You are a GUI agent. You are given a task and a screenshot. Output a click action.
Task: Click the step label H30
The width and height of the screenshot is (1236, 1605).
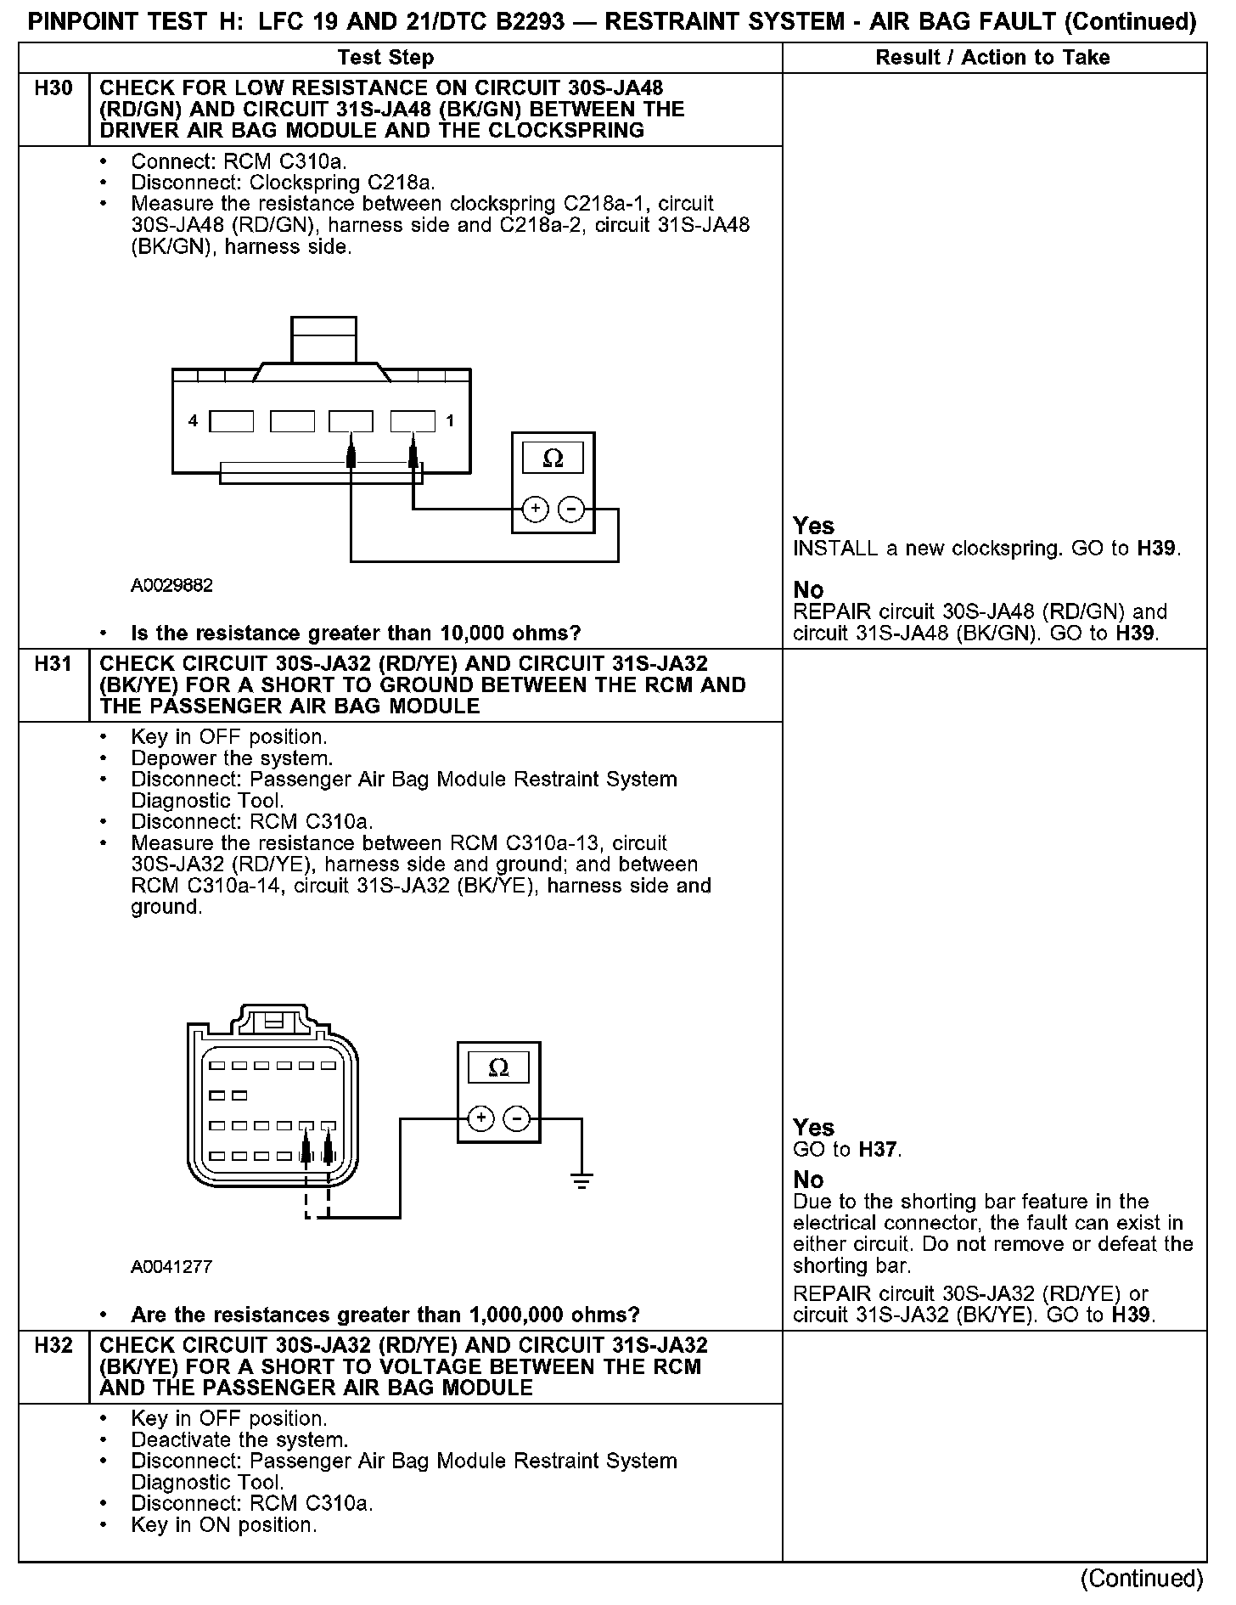coord(53,88)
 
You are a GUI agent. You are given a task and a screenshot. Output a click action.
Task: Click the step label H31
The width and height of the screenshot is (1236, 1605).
coord(53,664)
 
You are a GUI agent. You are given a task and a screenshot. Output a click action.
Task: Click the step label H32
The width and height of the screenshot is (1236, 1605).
coord(53,1346)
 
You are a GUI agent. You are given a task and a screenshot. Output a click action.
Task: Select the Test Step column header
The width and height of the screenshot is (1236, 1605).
coord(385,58)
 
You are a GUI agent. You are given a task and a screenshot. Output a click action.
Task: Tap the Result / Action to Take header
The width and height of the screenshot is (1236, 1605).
coord(992,58)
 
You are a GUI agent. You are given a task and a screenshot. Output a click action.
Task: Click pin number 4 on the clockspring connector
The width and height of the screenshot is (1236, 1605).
coord(194,421)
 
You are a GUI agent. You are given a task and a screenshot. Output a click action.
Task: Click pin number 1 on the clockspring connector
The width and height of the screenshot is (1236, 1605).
coord(449,421)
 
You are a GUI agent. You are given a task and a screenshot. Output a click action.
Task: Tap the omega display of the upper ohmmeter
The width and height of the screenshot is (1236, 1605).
coord(553,459)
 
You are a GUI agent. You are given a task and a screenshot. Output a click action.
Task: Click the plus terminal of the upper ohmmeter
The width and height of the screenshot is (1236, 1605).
coord(535,509)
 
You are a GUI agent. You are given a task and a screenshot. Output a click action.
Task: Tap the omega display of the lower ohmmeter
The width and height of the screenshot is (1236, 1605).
coord(498,1067)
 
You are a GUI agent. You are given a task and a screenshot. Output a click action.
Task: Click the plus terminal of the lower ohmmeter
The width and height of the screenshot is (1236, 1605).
coord(480,1118)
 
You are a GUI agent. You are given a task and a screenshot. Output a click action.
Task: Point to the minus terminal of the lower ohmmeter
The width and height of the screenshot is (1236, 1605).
coord(517,1118)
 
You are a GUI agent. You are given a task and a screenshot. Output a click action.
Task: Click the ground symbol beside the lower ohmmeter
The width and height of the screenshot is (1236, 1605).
coord(581,1180)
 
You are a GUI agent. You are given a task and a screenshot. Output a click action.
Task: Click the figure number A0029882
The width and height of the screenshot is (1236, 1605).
coord(171,586)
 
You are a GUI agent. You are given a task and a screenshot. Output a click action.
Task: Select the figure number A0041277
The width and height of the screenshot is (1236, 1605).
coord(171,1267)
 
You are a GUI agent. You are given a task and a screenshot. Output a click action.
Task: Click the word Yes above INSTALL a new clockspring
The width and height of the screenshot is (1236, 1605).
coord(813,526)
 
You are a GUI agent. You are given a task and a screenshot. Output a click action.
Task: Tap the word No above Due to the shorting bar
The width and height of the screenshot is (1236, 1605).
coord(808,1180)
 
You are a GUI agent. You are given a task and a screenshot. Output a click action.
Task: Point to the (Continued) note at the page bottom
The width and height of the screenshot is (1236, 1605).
coord(1141,1579)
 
